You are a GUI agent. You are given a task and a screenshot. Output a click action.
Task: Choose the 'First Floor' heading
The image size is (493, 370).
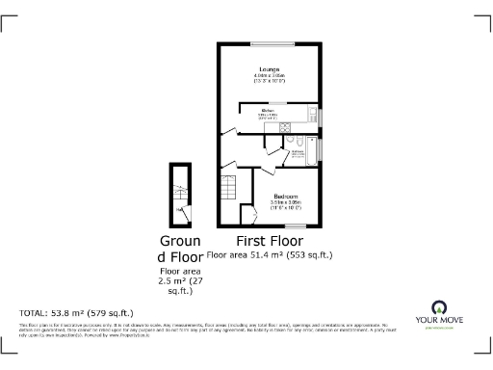point(271,241)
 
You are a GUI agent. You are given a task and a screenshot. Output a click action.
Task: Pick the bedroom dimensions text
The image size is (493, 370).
point(285,205)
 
